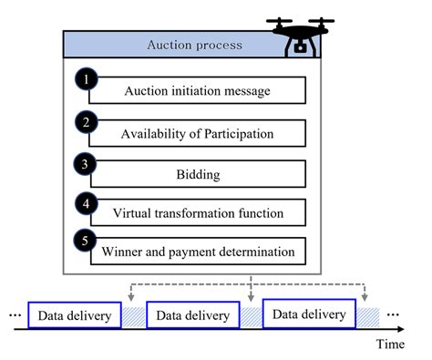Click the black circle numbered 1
[x=87, y=79]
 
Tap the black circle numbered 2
[x=87, y=122]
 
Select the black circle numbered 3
[x=85, y=164]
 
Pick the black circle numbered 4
[x=87, y=203]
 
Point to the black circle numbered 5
[x=85, y=241]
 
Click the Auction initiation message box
[x=198, y=90]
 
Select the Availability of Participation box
[x=198, y=133]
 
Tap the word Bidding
[x=198, y=175]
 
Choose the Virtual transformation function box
[x=198, y=212]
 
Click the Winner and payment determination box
[x=198, y=252]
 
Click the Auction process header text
[x=195, y=45]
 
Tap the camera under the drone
[x=300, y=47]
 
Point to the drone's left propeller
[x=279, y=21]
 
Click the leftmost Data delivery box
[x=75, y=315]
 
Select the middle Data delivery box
[x=193, y=314]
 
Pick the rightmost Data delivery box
[x=309, y=314]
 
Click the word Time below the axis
[x=390, y=345]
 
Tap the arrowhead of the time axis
[x=401, y=329]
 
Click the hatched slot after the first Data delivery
[x=134, y=317]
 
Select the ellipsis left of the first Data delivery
[x=15, y=315]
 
